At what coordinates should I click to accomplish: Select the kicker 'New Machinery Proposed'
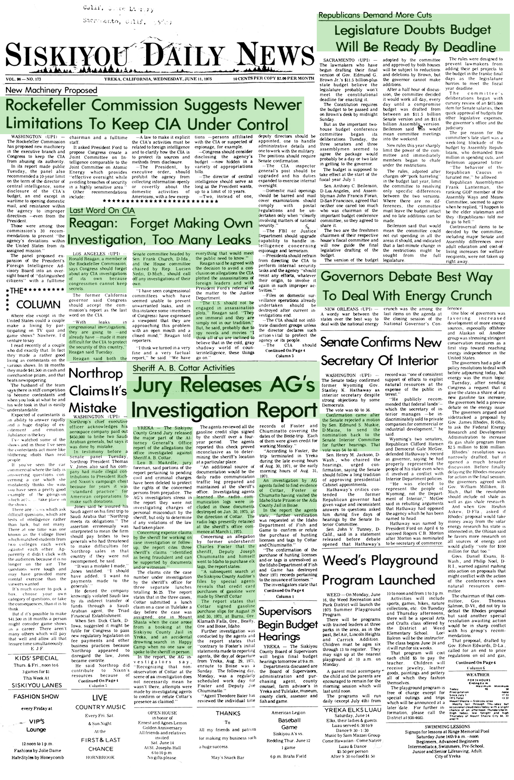[51, 90]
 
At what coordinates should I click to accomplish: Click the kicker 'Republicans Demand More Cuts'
[375, 15]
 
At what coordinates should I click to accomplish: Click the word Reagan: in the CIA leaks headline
[92, 224]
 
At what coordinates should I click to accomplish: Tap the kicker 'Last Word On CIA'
[102, 210]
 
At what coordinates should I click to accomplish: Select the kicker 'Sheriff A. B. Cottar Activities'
[183, 368]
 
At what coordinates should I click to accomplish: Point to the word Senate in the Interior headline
[344, 342]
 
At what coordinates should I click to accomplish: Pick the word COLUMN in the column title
[38, 304]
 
